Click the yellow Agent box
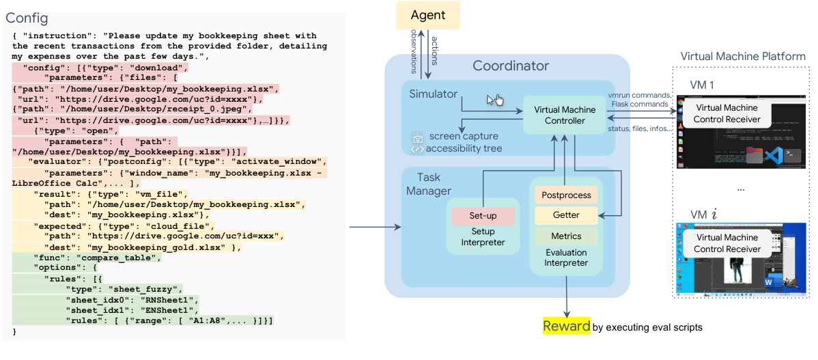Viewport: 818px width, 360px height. (428, 15)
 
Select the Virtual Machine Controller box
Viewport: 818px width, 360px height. (564, 115)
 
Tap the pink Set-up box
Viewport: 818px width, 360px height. (483, 216)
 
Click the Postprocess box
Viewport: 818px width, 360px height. (566, 195)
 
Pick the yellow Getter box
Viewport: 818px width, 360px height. (566, 215)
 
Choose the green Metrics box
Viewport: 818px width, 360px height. (566, 236)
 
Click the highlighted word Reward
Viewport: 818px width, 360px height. (566, 326)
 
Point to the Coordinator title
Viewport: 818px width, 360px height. (511, 66)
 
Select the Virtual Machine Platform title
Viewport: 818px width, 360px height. (743, 56)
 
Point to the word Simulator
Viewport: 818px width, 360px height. (434, 94)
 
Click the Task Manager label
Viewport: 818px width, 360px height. (429, 184)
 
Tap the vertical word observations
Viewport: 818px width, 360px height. (414, 51)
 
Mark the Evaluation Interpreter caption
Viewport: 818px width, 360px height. (566, 257)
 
